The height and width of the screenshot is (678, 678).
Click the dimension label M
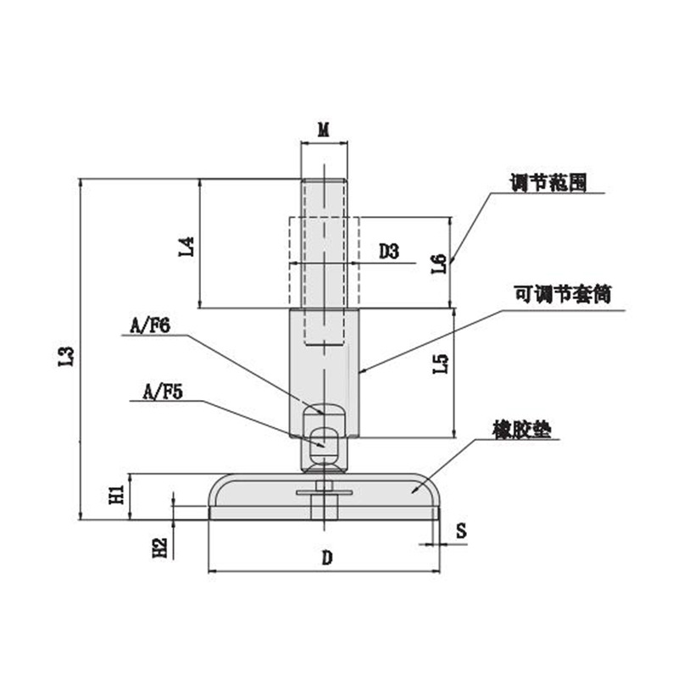pos(324,130)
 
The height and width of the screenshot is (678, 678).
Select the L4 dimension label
pos(186,247)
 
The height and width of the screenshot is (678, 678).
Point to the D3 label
pos(389,251)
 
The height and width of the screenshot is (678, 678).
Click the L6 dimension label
pos(439,264)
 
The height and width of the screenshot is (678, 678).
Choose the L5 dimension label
pos(441,364)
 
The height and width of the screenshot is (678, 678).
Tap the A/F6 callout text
pos(150,326)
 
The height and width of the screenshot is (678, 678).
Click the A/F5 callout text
pos(163,392)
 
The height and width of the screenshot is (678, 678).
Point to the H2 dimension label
pos(160,547)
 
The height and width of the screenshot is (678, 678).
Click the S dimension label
pos(461,531)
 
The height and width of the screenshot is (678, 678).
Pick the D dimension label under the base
pos(327,559)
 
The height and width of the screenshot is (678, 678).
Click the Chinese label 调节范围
pos(548,182)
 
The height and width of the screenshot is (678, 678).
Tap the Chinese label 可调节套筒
pos(563,294)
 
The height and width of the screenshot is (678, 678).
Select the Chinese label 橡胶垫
pos(522,430)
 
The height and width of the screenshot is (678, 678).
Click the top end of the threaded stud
pos(324,179)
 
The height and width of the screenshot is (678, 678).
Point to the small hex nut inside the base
pos(324,486)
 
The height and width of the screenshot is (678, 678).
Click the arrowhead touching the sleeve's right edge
pos(364,370)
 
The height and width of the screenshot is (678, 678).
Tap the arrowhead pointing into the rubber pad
pos(414,491)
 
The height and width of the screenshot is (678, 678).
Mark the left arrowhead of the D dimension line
pos(213,571)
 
